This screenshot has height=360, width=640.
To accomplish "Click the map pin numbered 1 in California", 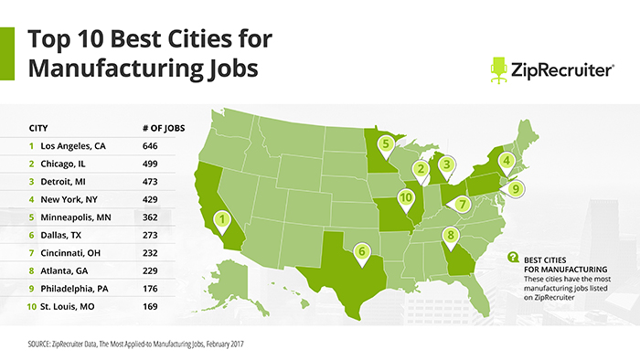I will [x=220, y=219].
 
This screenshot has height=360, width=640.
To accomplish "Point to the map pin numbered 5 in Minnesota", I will [x=387, y=143].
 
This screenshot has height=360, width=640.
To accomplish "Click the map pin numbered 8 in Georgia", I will [x=450, y=236].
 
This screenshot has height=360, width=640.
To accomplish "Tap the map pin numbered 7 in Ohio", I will [x=464, y=203].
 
